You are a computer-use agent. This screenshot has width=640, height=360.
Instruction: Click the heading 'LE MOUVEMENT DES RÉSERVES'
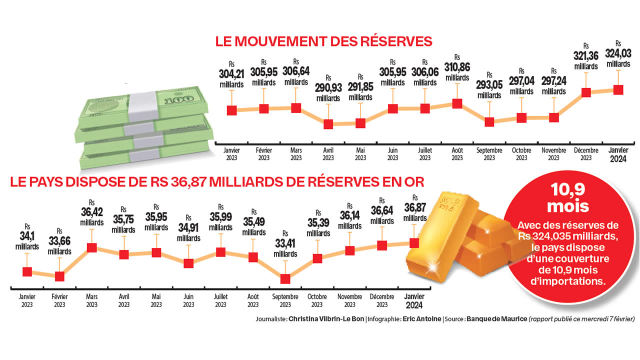tap(323, 41)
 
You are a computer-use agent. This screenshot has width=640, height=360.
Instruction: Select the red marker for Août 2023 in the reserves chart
tap(457, 103)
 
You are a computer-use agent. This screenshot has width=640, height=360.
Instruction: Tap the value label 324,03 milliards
tap(618, 57)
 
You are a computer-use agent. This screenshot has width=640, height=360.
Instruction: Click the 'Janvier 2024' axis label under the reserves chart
tap(618, 154)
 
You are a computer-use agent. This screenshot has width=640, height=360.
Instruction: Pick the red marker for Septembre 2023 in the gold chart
tap(285, 279)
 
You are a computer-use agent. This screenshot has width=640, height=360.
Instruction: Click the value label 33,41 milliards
tap(285, 248)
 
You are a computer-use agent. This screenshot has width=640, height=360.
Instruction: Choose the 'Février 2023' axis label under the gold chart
tap(59, 300)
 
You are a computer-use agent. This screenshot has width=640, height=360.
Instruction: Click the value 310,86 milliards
tap(457, 70)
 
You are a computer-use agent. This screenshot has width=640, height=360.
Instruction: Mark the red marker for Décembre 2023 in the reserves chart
tap(586, 92)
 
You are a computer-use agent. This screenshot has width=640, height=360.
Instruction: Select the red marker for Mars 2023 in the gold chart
tap(91, 247)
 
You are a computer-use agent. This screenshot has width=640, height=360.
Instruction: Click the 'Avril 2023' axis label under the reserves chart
tap(328, 154)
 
